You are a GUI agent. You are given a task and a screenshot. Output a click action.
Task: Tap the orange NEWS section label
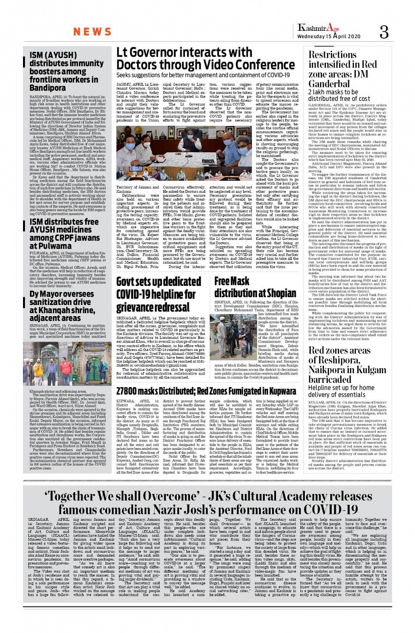92,32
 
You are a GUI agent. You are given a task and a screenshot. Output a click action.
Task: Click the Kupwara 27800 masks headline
206,364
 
